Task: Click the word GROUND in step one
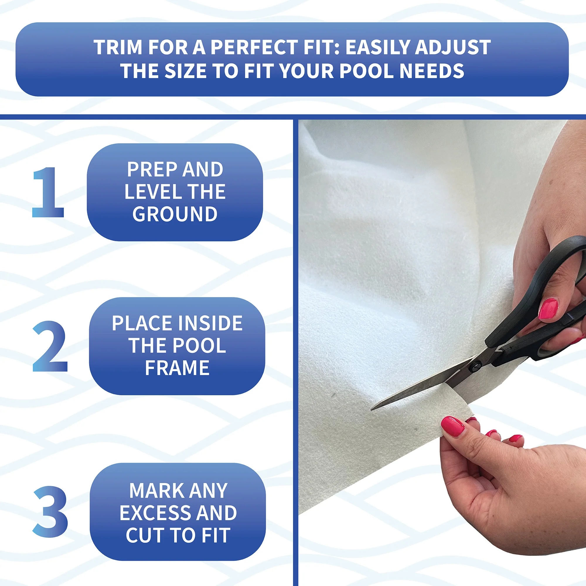(x=175, y=214)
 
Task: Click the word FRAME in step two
(x=177, y=368)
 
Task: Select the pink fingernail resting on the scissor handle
(x=548, y=308)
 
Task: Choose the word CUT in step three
(x=143, y=535)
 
